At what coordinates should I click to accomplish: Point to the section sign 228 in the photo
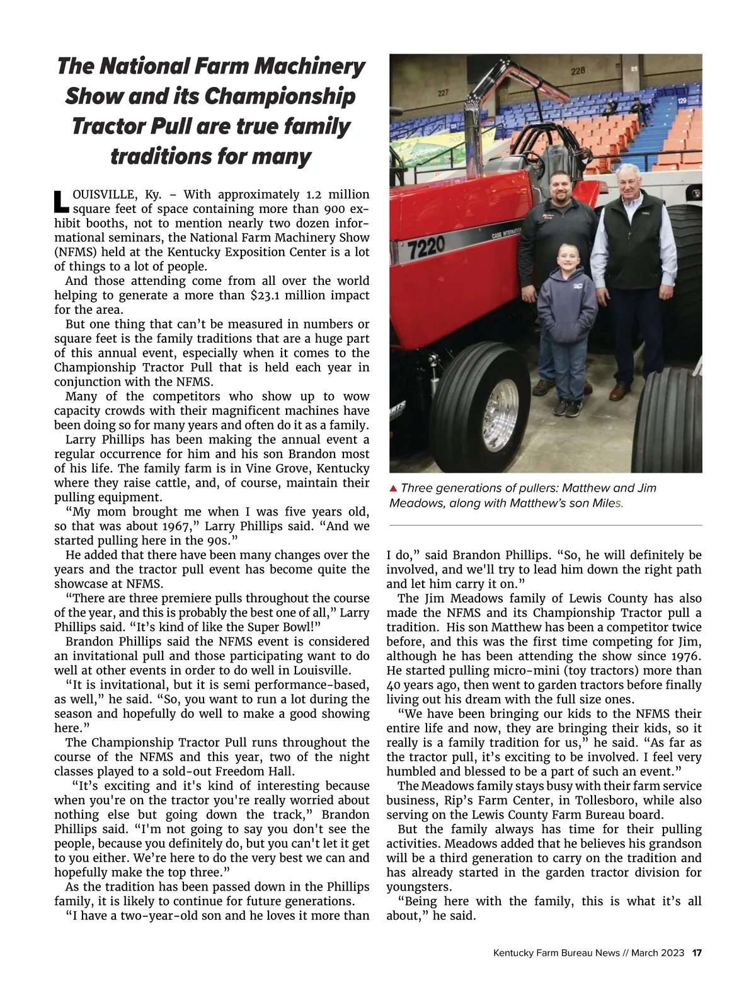click(x=578, y=72)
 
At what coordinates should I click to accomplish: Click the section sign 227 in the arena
click(x=444, y=93)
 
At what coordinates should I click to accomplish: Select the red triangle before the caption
click(x=393, y=488)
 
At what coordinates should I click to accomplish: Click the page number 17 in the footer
click(x=697, y=953)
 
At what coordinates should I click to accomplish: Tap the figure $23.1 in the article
click(x=267, y=296)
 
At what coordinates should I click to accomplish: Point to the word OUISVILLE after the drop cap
click(x=104, y=194)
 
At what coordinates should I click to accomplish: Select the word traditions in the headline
click(x=161, y=156)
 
